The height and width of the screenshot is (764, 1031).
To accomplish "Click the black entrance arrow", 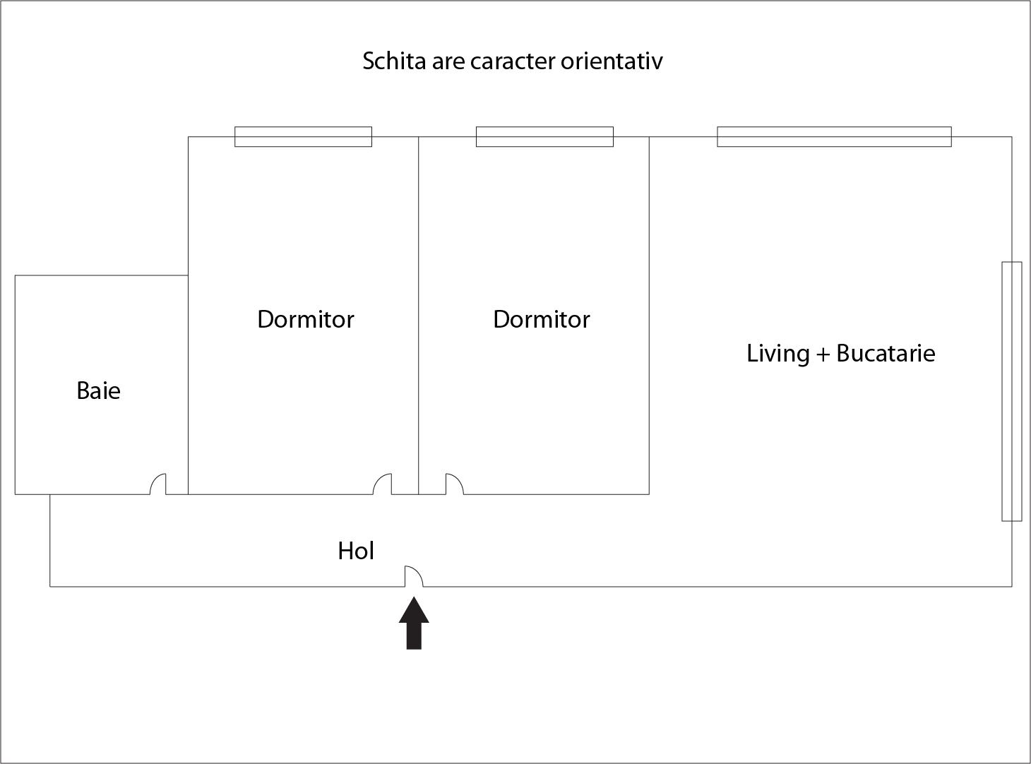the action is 414,623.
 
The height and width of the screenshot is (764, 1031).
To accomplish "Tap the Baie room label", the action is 99,390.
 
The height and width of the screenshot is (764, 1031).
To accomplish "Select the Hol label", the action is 356,551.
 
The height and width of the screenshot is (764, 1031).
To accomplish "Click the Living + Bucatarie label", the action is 841,353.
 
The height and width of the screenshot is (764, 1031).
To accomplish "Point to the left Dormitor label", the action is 306,319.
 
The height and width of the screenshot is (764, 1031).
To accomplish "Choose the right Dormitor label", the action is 542,319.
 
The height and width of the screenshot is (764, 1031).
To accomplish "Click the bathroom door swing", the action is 158,484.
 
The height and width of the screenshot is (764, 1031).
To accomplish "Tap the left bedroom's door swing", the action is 382,484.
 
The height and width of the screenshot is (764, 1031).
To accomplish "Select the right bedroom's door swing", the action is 455,484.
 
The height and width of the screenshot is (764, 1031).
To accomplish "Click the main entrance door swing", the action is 414,576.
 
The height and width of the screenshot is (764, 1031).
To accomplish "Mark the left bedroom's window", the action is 303,137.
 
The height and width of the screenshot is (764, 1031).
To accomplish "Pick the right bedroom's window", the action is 544,137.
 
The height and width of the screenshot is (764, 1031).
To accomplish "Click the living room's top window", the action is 835,137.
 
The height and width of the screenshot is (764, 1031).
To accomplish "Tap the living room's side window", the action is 1011,392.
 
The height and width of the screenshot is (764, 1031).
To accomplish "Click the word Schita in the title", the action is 394,61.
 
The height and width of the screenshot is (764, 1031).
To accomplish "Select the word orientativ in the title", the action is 612,61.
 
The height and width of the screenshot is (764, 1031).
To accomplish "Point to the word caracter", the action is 513,62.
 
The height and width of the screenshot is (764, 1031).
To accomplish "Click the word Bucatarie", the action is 886,353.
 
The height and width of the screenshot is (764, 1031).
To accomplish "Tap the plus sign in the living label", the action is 823,354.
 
